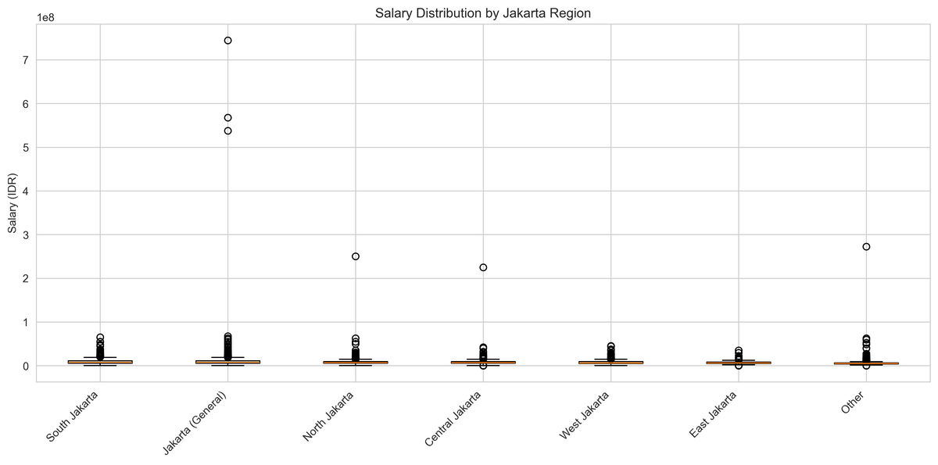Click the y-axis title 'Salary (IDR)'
click(x=13, y=203)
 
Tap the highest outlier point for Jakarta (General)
click(x=227, y=41)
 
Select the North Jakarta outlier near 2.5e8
click(x=356, y=256)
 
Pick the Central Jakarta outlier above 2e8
click(x=483, y=267)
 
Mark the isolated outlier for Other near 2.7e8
click(x=866, y=247)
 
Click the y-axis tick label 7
click(x=26, y=60)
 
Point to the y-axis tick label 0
click(x=26, y=366)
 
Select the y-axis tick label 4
click(x=26, y=191)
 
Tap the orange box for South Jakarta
click(x=100, y=362)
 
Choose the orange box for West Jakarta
click(x=610, y=363)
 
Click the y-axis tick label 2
click(x=26, y=279)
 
